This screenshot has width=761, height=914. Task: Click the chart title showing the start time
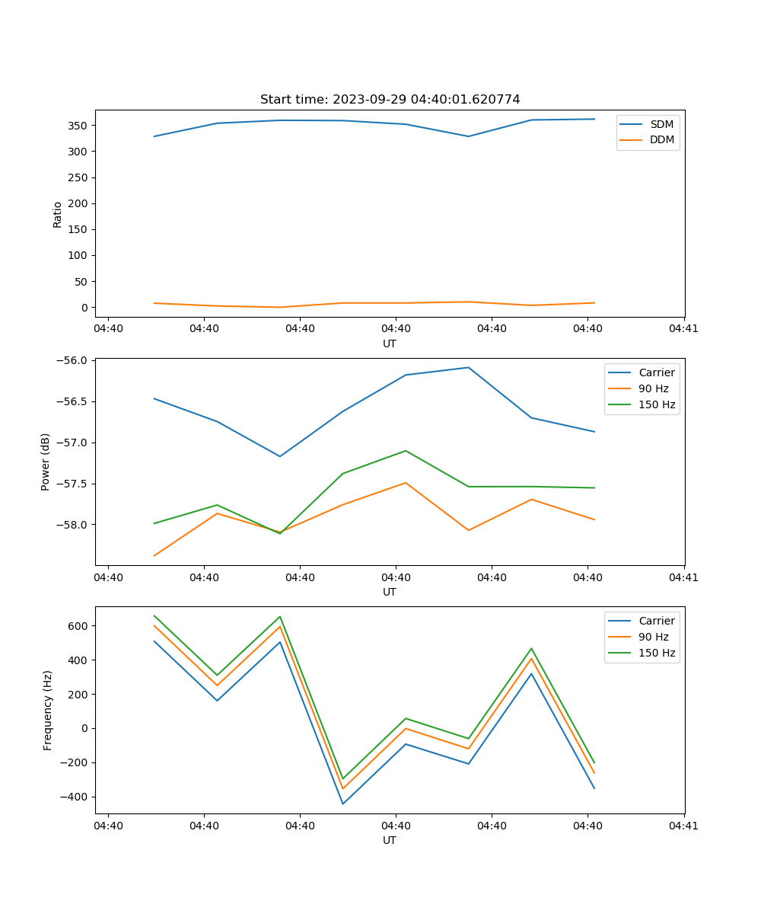(390, 100)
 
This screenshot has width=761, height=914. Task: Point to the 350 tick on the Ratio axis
(79, 126)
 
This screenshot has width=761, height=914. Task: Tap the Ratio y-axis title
(58, 214)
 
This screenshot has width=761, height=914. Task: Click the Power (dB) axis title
(46, 462)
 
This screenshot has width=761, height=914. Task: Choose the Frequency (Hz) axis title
(48, 710)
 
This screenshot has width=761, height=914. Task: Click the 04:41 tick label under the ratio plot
(683, 329)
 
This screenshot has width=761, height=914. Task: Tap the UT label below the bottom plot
(390, 840)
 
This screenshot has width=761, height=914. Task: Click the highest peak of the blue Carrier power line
(468, 368)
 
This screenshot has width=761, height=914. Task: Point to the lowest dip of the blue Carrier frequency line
(342, 804)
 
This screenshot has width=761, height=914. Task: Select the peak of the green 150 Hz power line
(406, 451)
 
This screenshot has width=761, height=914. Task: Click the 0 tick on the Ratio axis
(86, 308)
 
